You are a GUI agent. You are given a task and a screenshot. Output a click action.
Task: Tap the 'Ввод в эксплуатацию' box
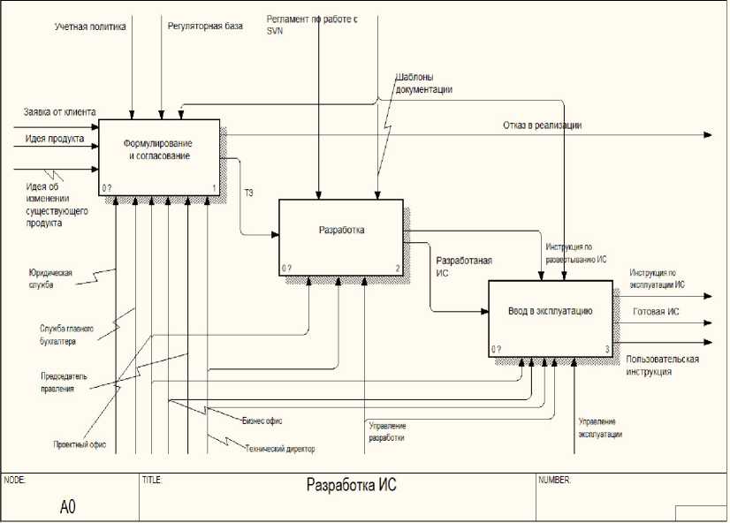pos(551,310)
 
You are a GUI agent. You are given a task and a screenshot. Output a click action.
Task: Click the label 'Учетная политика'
pos(90,27)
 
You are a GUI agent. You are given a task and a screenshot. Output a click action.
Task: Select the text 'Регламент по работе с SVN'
pos(311,23)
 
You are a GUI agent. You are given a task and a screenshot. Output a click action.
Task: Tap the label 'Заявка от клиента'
pos(60,112)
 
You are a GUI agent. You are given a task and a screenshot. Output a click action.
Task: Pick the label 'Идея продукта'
pos(55,139)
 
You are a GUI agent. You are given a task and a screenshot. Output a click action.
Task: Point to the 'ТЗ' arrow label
pos(248,192)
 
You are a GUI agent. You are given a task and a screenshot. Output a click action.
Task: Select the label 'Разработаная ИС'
pos(464,267)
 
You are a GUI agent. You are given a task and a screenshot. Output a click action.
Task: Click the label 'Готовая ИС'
pos(656,312)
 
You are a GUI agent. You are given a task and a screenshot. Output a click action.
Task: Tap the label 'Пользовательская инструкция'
pos(662,366)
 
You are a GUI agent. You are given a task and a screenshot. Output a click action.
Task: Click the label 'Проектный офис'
pos(80,444)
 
